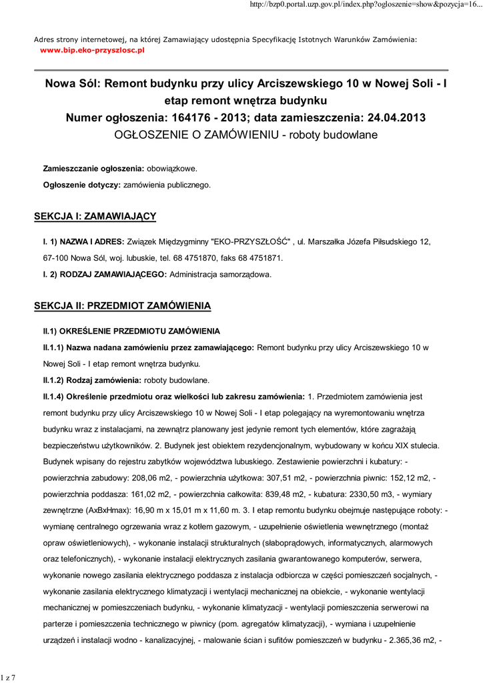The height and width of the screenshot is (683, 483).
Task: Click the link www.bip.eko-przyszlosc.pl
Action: [x=92, y=50]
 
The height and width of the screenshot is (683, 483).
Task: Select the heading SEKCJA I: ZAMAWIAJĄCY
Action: [x=95, y=216]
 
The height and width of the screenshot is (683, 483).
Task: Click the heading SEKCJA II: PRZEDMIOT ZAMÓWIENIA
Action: [x=122, y=305]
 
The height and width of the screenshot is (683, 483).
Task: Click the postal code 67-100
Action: [x=56, y=257]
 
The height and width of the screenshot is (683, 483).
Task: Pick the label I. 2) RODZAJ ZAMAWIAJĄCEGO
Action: [x=105, y=274]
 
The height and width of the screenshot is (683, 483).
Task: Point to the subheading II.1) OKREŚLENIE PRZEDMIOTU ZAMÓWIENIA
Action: [x=131, y=331]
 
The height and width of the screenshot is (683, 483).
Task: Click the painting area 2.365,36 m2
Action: [x=411, y=640]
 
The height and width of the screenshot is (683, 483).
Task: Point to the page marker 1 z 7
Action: [x=9, y=678]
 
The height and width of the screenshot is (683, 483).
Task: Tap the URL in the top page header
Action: [x=364, y=5]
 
